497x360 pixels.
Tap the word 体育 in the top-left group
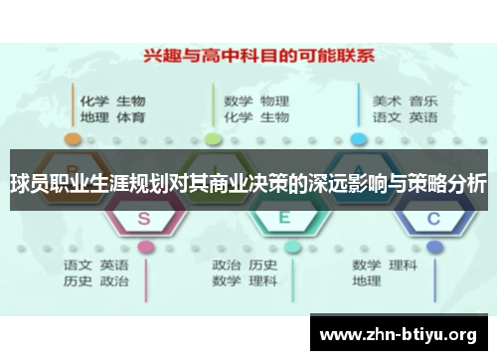pos(131,117)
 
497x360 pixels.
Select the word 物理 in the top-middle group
pos(274,100)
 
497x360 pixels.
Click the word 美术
pos(387,100)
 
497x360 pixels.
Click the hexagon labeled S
pos(145,218)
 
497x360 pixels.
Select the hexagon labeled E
pos(283,218)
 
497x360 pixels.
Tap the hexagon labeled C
pos(431,218)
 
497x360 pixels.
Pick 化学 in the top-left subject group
pos(94,100)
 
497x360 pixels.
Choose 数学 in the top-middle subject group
pos(238,100)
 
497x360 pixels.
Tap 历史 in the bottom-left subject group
pos(78,281)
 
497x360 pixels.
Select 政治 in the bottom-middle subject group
pos(227,266)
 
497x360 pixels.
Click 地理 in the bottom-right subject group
pos(367,281)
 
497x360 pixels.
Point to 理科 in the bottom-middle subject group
pos(263,281)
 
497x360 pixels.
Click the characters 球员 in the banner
pos(29,184)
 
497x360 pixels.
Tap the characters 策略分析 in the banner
pos(446,184)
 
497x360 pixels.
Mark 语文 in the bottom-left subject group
pos(78,266)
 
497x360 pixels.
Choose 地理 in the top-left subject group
pos(94,117)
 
